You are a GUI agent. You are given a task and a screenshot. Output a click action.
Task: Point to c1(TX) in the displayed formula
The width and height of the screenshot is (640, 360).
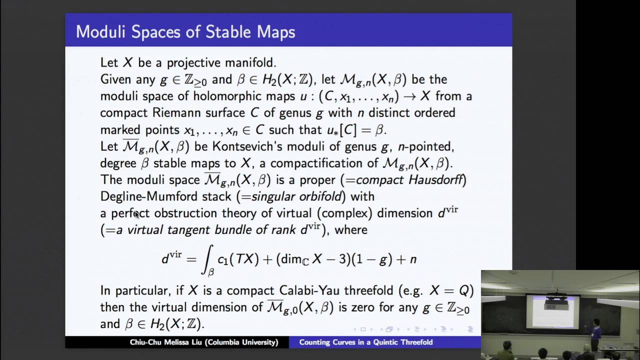238,259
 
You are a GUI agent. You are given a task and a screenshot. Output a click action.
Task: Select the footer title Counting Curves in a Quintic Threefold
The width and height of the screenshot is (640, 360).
365,342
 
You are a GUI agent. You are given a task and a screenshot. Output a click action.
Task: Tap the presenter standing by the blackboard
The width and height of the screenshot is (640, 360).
595,334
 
